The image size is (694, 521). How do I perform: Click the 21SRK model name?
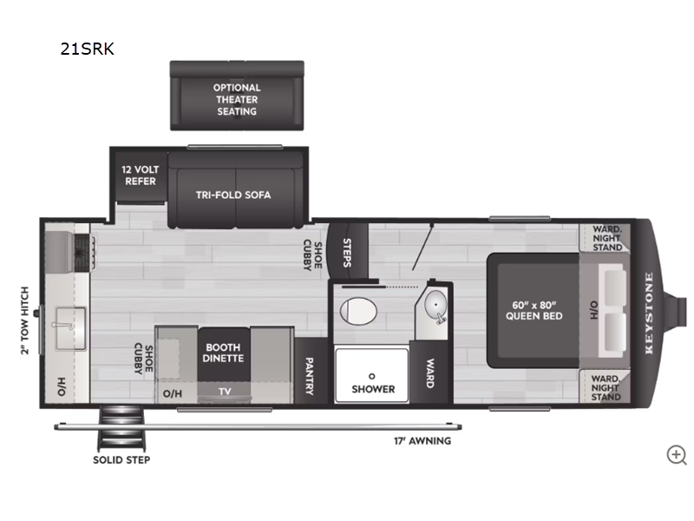coord(88,49)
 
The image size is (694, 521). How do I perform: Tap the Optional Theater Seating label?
coord(237,100)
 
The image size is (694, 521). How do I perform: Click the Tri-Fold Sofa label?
coord(233,195)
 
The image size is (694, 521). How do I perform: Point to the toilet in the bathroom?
coord(358,311)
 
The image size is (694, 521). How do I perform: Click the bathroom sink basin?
coord(435,305)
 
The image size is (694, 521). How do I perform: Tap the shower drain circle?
coord(372,376)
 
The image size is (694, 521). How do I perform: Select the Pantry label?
coord(310,376)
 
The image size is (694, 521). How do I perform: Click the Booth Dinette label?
coord(223,353)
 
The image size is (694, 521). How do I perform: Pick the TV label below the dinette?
coord(225,392)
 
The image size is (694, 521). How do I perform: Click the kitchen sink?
coord(70,328)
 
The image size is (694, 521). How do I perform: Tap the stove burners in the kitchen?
coord(84,252)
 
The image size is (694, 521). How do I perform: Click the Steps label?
coord(347,253)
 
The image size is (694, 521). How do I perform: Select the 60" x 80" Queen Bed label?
coord(534,311)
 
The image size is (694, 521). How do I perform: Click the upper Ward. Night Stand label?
coord(607,238)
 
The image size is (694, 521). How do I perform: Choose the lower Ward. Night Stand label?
coord(606,388)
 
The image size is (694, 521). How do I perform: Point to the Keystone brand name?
coord(649,313)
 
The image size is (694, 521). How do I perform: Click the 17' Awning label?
coord(422,441)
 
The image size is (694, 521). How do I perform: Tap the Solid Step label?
coord(121,460)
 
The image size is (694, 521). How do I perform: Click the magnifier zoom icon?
coord(677,455)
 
